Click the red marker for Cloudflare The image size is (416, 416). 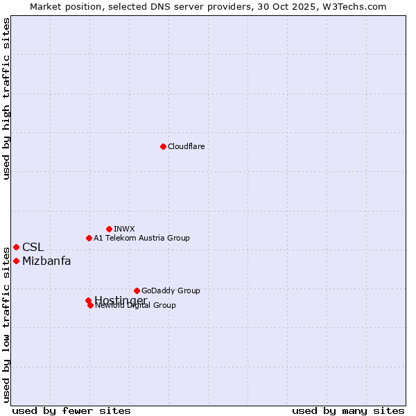(x=163, y=146)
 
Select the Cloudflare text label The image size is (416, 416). (x=186, y=146)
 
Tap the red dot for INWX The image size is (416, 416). (x=109, y=229)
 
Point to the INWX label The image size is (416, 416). (x=124, y=229)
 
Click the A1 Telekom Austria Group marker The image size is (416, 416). (x=89, y=238)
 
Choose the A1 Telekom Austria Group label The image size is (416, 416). (x=141, y=238)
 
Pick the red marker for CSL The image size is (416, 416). (x=16, y=247)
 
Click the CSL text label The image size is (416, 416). (x=33, y=247)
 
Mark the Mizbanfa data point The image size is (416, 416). (x=16, y=261)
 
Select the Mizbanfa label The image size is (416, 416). (x=46, y=261)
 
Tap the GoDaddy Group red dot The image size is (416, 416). (x=137, y=291)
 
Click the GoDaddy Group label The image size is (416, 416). (x=171, y=291)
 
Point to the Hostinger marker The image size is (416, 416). (x=88, y=300)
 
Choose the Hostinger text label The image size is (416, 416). (x=121, y=300)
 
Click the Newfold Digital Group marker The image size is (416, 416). (x=90, y=305)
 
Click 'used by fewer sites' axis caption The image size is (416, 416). (x=71, y=411)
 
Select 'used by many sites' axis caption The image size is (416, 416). (x=348, y=411)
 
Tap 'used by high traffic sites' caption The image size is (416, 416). (x=7, y=98)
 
